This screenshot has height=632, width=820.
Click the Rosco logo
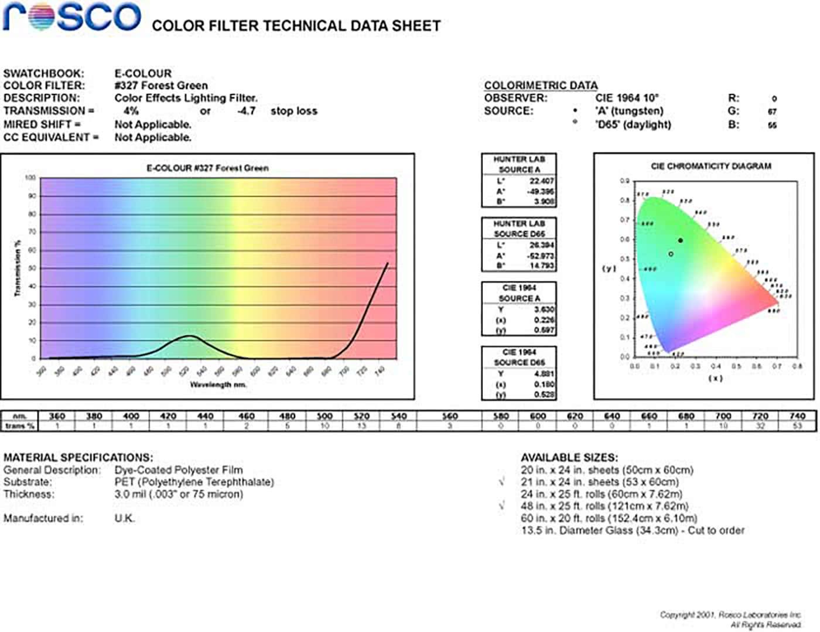coord(71,16)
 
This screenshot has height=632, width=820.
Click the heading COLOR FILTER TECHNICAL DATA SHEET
coord(296,26)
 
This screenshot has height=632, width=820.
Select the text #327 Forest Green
coord(161,86)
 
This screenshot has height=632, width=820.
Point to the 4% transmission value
coord(131,111)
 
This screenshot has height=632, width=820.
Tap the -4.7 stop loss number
coord(247,111)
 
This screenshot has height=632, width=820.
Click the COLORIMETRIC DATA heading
coord(541,86)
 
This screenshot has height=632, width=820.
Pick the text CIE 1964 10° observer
coord(627,98)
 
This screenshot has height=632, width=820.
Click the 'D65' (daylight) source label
coord(633,124)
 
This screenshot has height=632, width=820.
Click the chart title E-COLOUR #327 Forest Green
coord(207,168)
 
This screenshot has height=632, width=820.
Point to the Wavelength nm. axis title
coord(218,385)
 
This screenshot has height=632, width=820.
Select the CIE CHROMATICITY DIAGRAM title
coord(711,166)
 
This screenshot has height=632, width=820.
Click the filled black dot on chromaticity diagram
coord(681,240)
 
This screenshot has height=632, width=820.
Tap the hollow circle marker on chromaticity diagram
coord(671,254)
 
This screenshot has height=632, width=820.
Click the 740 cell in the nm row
coord(797,416)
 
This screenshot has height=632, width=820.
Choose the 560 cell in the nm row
coord(449,416)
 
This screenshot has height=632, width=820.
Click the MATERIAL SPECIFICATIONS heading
coord(78,457)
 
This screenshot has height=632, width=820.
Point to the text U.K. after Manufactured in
coord(124,518)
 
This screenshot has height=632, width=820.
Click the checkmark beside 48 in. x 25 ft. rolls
coord(502,505)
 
